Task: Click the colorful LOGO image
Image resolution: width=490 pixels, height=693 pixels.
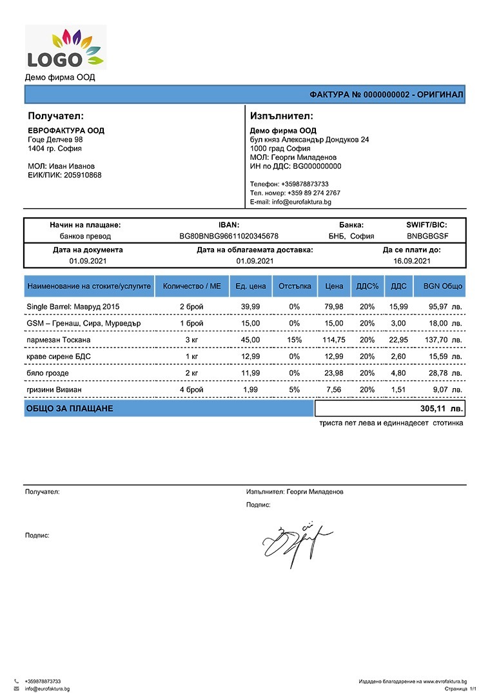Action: (x=65, y=47)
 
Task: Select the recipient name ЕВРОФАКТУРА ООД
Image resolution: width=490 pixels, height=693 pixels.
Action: (x=66, y=131)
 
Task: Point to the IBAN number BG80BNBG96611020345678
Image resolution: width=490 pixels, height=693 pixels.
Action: (x=229, y=237)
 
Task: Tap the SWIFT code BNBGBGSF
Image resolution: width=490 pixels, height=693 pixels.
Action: (x=427, y=237)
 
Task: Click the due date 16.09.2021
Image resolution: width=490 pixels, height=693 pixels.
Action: (x=411, y=261)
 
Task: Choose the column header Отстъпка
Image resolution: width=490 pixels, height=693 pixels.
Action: (x=295, y=286)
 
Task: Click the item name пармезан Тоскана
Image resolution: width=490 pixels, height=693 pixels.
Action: (x=59, y=340)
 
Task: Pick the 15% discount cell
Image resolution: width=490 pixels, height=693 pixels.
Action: (x=294, y=340)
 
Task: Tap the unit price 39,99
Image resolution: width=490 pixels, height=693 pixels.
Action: (x=250, y=306)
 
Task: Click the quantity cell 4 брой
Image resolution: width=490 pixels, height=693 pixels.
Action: (x=191, y=390)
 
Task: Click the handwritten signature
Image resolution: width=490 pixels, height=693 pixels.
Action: (x=297, y=540)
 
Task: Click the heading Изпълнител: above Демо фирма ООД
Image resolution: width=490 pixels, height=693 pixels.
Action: (x=281, y=117)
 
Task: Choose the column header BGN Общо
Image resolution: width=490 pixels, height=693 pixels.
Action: (x=442, y=286)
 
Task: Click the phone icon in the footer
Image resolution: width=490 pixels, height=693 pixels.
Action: (x=16, y=681)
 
